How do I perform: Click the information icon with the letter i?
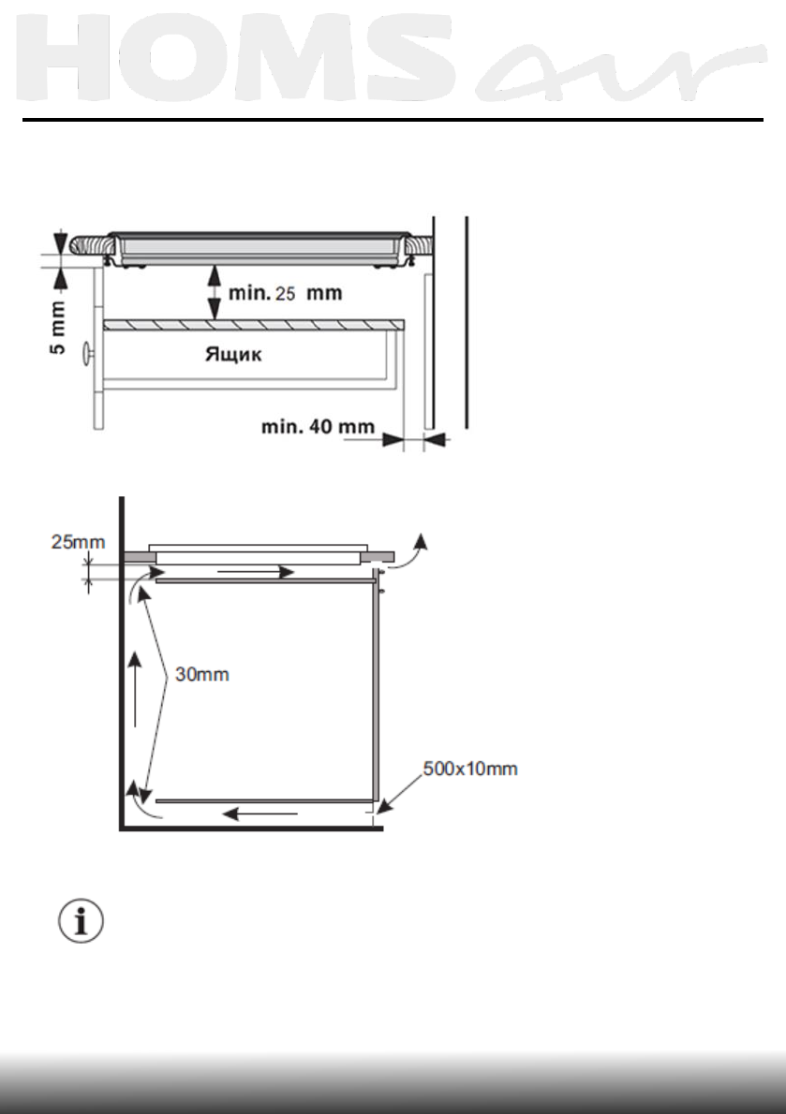pyautogui.click(x=81, y=921)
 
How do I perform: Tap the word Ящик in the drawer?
pyautogui.click(x=233, y=354)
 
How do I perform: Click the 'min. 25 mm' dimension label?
pyautogui.click(x=285, y=293)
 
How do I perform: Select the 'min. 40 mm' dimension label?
pyautogui.click(x=318, y=426)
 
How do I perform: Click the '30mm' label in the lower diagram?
pyautogui.click(x=201, y=674)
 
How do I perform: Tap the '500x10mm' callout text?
pyautogui.click(x=469, y=769)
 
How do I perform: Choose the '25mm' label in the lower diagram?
pyautogui.click(x=78, y=542)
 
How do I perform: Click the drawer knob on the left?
pyautogui.click(x=88, y=353)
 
